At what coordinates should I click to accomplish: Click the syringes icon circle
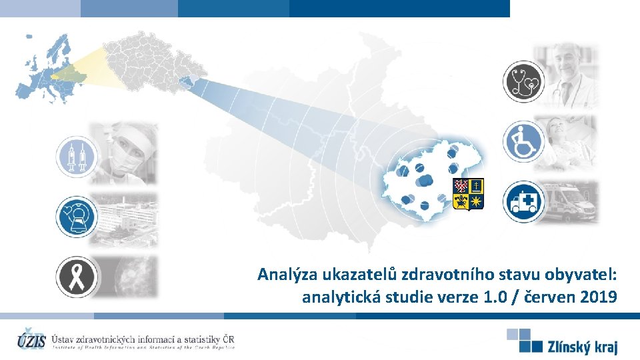[75, 157]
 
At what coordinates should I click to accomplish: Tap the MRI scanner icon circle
[75, 216]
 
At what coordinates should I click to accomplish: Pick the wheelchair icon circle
[523, 141]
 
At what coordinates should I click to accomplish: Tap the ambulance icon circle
[523, 201]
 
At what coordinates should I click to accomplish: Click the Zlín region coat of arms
[468, 194]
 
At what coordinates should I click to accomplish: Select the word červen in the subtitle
[548, 297]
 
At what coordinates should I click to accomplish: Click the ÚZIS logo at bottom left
[32, 339]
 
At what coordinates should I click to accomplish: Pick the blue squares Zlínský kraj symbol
[525, 339]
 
